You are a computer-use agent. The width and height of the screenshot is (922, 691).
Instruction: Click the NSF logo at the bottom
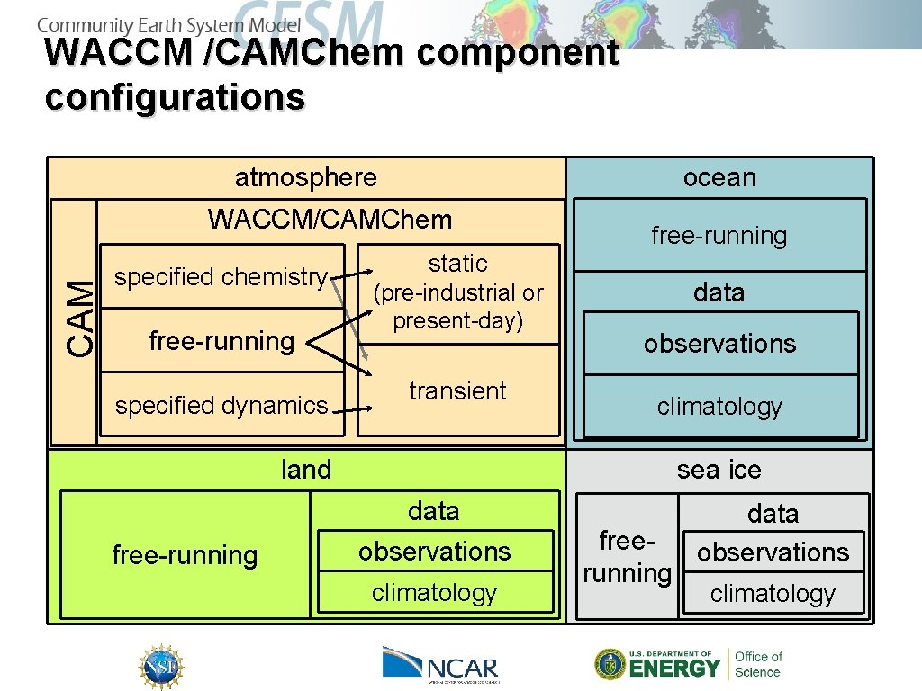161,667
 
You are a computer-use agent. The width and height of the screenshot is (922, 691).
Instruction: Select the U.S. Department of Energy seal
610,664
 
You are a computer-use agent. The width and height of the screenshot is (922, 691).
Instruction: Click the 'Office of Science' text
758,664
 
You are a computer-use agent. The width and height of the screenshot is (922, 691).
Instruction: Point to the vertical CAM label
82,318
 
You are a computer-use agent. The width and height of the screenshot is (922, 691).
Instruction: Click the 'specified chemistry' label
221,277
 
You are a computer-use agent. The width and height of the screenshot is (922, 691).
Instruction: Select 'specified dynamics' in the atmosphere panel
221,406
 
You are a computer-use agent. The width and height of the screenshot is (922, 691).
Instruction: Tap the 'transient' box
457,391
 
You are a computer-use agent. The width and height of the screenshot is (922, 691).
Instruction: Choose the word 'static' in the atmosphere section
457,264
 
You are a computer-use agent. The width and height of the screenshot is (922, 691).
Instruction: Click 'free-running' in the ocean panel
719,236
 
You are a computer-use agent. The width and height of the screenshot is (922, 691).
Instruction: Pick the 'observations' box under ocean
719,344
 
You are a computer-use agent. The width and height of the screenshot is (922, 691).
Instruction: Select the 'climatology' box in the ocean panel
719,407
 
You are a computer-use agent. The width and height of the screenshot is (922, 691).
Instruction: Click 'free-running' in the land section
185,555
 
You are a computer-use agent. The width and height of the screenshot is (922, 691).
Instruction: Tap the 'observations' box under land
434,552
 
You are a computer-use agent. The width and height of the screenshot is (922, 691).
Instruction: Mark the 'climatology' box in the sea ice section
773,594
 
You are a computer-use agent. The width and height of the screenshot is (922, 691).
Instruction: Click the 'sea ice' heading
719,470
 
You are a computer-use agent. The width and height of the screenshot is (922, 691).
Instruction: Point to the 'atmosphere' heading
305,177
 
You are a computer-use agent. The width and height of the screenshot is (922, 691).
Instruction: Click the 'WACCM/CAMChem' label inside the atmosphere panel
330,219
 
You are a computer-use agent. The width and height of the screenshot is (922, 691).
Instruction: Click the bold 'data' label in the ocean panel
719,292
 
